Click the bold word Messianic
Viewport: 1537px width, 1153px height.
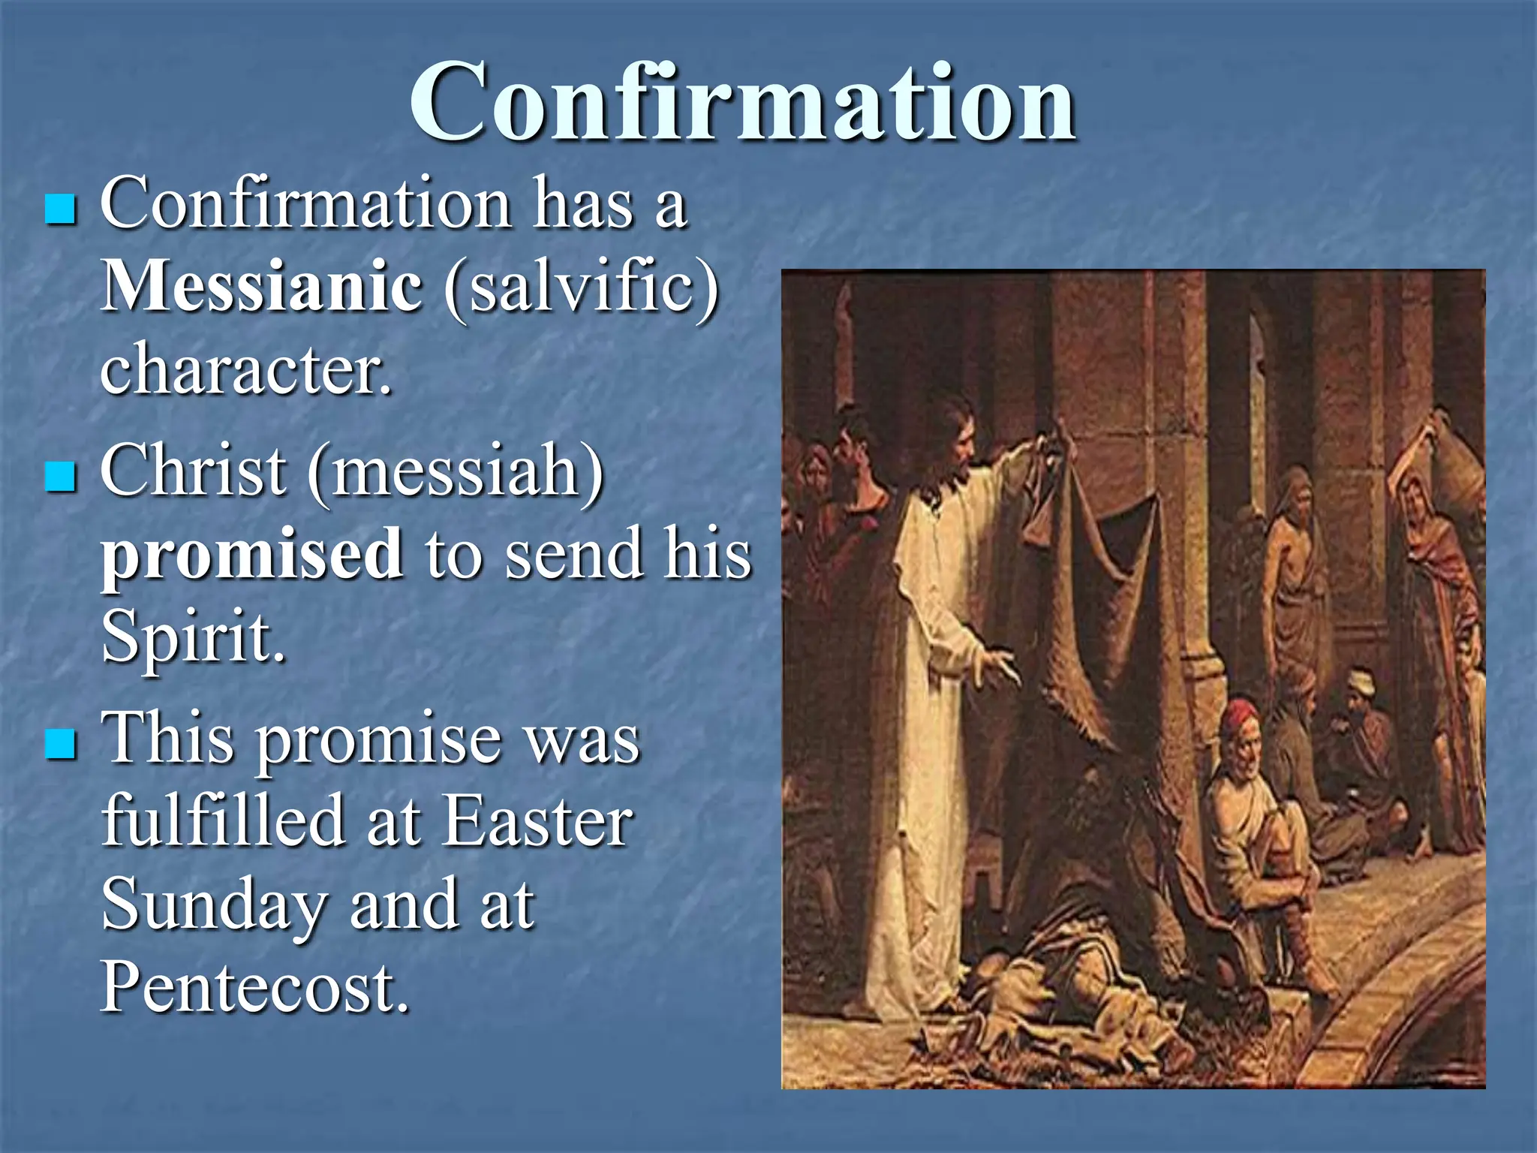[x=261, y=286]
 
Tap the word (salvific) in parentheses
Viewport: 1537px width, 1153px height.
[x=581, y=287]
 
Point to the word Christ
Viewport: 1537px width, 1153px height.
[x=193, y=471]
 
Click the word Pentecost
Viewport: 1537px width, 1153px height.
[x=255, y=987]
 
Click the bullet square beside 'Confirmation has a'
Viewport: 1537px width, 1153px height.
[x=60, y=210]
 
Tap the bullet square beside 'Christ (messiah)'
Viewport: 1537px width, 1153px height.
[x=60, y=477]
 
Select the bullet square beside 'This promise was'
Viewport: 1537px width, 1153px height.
[x=60, y=743]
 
